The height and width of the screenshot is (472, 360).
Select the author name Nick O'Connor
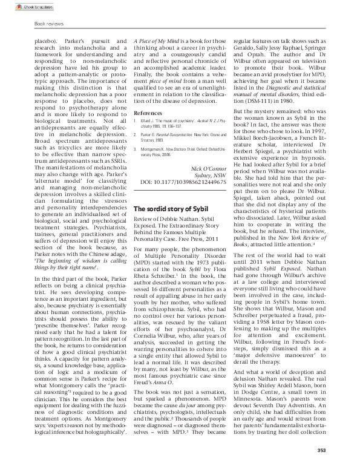pos(209,149)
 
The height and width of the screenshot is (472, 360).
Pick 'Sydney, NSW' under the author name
pos(212,157)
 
